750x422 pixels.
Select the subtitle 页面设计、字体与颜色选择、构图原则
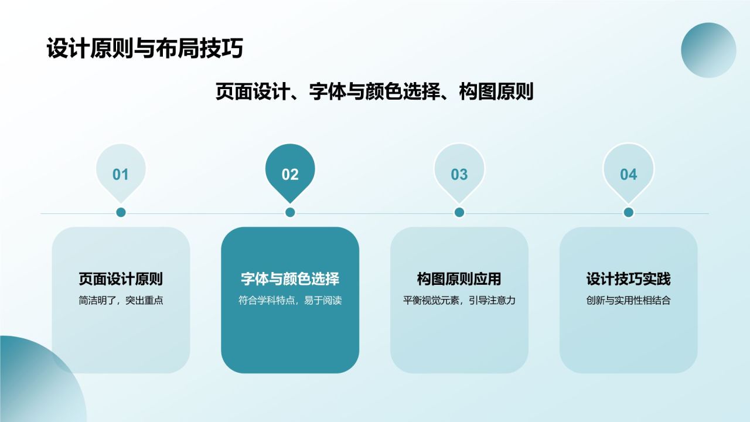coord(374,92)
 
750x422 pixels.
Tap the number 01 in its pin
coord(121,174)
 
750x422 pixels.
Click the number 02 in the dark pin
coord(290,174)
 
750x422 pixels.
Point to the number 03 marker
coord(459,174)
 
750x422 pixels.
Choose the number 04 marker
coord(628,174)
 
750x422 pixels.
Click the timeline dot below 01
coord(121,212)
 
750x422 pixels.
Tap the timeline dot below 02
coord(290,212)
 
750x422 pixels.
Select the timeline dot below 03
coord(459,212)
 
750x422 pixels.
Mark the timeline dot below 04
coord(628,212)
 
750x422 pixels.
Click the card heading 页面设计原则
coord(121,279)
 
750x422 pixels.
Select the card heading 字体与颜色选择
coord(290,279)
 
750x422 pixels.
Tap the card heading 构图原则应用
coord(459,279)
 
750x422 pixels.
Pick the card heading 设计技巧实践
coord(628,279)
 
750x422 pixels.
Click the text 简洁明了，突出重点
coord(121,301)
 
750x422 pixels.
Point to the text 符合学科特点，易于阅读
coord(290,301)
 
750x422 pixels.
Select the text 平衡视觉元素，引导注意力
coord(459,301)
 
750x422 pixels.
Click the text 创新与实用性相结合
coord(628,301)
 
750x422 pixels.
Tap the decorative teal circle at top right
coord(708,50)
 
